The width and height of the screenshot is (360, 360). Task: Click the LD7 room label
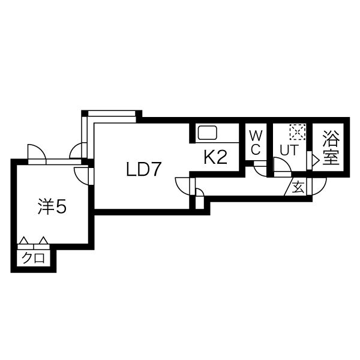(143, 169)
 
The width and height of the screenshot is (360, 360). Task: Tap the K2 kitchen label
(215, 157)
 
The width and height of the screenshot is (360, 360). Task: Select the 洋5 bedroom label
(52, 206)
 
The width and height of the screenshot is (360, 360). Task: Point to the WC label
(256, 143)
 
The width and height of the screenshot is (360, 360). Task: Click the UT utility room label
(289, 150)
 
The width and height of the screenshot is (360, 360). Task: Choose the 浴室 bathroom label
(331, 148)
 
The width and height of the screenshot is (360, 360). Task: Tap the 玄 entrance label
(298, 187)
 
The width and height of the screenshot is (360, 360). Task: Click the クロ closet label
(33, 258)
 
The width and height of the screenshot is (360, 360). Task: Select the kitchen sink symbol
(208, 133)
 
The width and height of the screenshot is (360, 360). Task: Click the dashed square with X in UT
(298, 132)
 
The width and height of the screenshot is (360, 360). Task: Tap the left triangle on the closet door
(24, 241)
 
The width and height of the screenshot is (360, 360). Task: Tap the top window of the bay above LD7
(112, 113)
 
